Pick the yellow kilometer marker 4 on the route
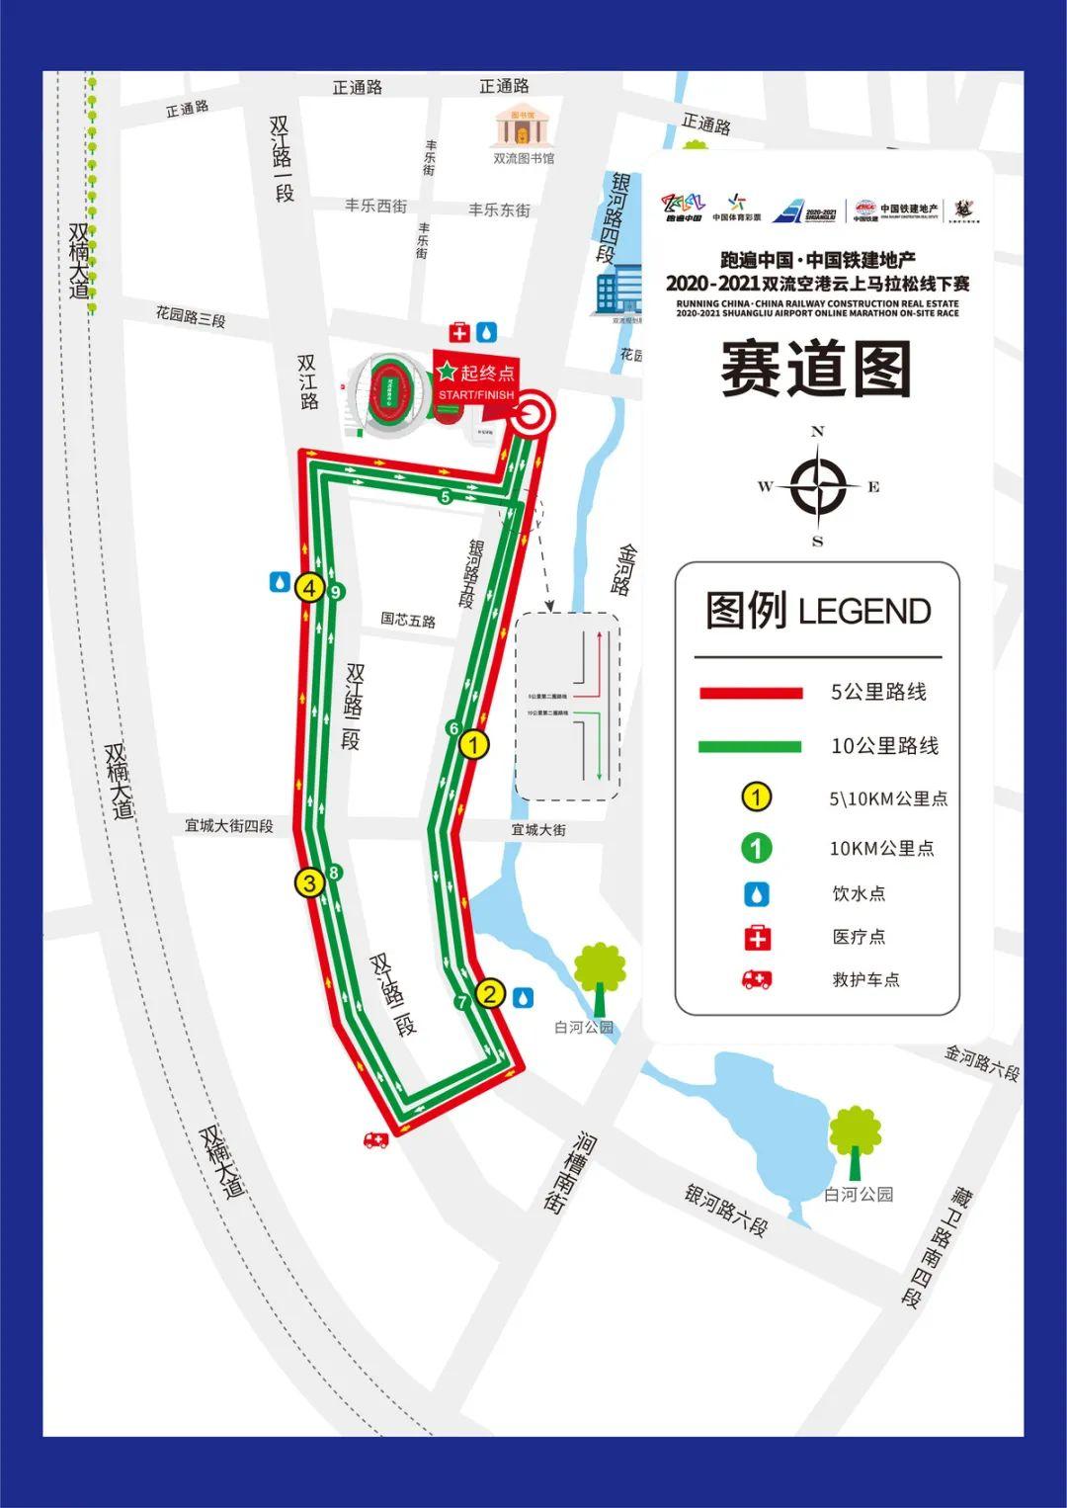point(310,589)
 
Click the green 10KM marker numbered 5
point(446,497)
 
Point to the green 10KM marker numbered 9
point(336,593)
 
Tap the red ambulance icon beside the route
point(375,1139)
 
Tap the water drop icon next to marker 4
point(280,582)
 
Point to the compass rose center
point(818,486)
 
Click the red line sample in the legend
point(750,693)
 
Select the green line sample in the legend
point(750,747)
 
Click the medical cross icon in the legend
point(758,937)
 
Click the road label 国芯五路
point(408,621)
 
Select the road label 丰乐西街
point(375,207)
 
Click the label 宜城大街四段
point(229,825)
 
